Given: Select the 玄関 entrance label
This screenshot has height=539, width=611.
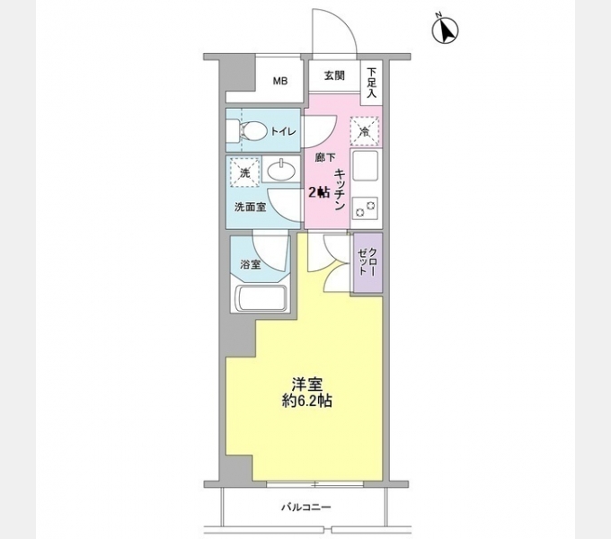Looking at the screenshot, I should [x=334, y=75].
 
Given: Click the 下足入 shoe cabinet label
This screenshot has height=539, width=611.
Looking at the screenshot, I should [x=371, y=82].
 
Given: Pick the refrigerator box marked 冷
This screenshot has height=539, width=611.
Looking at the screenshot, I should [x=364, y=132].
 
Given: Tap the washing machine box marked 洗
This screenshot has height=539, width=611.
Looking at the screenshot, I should [x=244, y=172].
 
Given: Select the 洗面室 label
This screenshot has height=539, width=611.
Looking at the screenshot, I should [x=249, y=207].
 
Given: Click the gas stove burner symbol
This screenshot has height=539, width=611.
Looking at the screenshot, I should [x=367, y=208].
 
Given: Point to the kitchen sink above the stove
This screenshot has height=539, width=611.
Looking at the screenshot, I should [x=367, y=167].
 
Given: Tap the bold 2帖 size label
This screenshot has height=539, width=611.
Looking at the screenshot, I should [x=319, y=191].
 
